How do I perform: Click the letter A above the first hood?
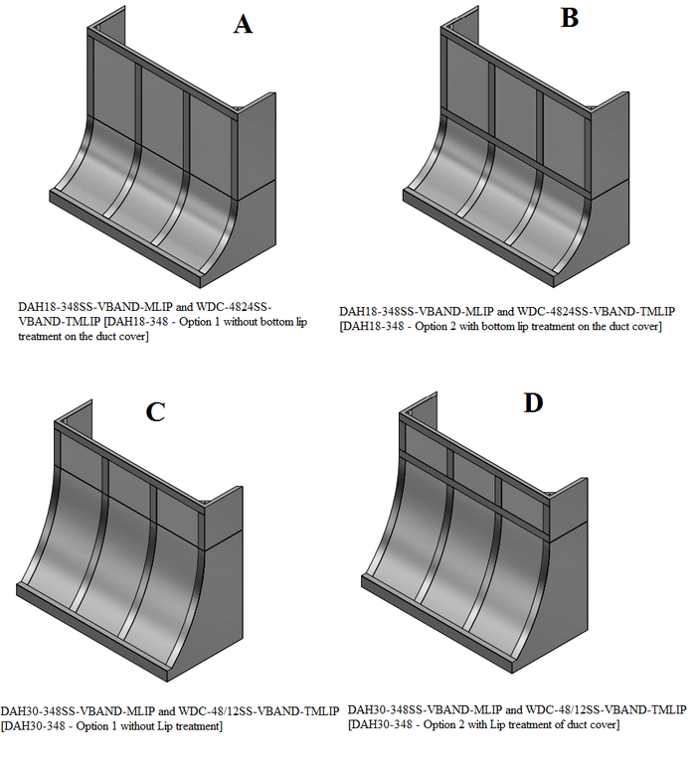click(x=243, y=25)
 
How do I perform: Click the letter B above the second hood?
click(x=569, y=18)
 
